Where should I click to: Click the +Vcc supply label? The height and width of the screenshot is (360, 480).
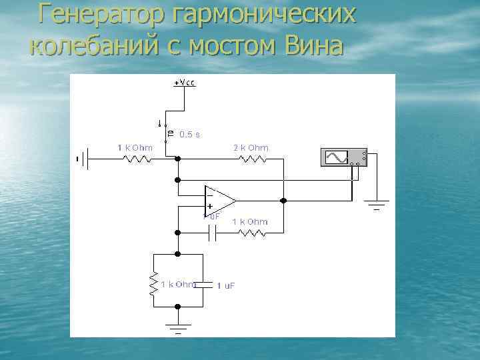185,83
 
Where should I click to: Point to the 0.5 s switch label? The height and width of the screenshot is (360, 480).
189,135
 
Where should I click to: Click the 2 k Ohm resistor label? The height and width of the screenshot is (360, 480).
251,148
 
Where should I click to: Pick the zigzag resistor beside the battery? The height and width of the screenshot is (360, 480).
136,159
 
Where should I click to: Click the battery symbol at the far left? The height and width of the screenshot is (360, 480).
84,159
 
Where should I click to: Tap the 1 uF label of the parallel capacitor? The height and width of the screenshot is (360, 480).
225,285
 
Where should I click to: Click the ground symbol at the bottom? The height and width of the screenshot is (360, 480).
177,327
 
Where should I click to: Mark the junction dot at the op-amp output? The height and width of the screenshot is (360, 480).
283,200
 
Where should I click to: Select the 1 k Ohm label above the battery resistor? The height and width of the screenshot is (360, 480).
135,148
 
